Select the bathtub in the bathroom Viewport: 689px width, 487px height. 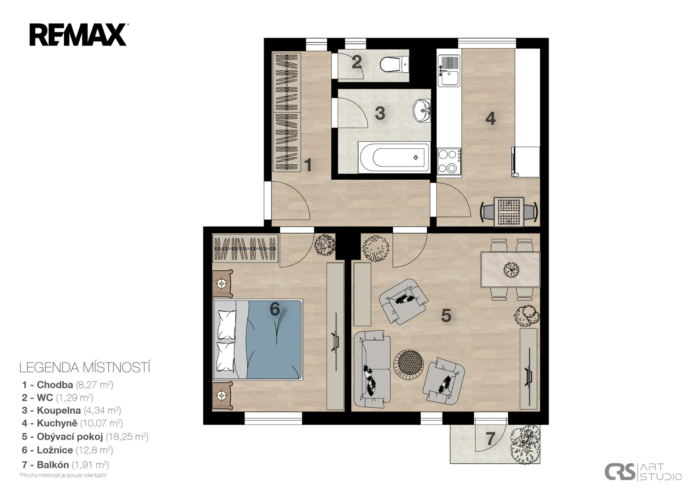[394, 157]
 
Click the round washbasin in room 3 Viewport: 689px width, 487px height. [422, 110]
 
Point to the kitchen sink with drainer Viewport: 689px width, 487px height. [449, 71]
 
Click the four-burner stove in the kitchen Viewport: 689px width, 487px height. [449, 161]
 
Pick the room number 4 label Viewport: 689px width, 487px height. [490, 118]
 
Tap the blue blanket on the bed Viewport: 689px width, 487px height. [274, 339]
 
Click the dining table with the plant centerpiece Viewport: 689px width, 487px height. [510, 270]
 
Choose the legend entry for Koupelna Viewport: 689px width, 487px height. [71, 410]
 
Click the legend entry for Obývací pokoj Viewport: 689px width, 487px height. [85, 437]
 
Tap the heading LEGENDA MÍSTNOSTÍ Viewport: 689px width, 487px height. [85, 368]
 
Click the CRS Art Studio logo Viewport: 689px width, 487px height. [643, 471]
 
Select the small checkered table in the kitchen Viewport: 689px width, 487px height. [509, 212]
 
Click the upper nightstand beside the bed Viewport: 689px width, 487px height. [222, 284]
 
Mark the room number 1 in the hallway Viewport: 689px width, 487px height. [308, 165]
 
